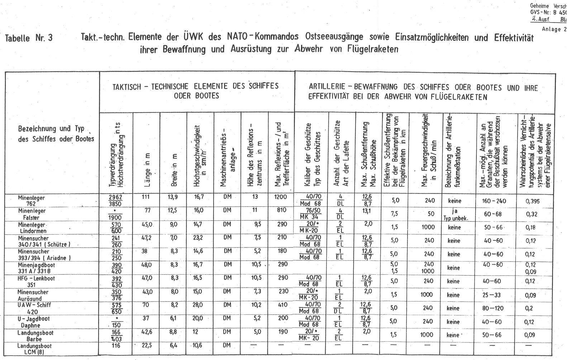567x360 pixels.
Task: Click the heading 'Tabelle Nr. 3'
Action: (x=29, y=38)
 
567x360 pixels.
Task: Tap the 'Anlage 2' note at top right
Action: (x=554, y=29)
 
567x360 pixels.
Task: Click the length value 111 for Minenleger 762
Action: (x=145, y=197)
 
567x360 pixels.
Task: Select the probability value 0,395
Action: (x=532, y=201)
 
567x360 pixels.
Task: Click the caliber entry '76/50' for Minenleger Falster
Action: (x=311, y=210)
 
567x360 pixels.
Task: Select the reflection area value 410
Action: (x=282, y=305)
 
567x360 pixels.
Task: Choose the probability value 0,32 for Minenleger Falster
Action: (x=532, y=214)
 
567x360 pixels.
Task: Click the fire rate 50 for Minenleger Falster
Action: (x=430, y=214)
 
